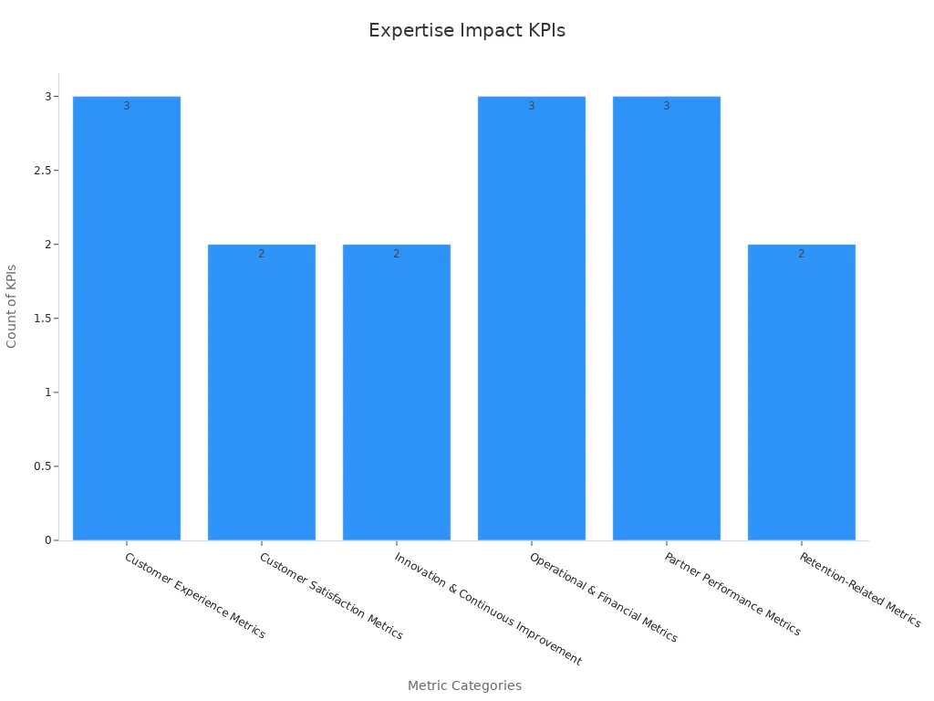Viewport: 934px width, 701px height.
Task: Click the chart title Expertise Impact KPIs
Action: tap(466, 30)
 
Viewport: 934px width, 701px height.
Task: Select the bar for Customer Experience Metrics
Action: tap(127, 319)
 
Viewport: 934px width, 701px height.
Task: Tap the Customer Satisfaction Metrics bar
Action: tap(262, 392)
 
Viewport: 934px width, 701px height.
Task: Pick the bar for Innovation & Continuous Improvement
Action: tap(397, 392)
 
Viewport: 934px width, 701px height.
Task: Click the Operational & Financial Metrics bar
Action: tap(532, 319)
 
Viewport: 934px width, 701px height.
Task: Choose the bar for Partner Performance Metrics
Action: tap(667, 319)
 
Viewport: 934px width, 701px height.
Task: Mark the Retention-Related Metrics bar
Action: tap(802, 392)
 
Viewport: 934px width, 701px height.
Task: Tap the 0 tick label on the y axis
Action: tap(47, 540)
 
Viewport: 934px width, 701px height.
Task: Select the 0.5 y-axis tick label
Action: tap(42, 466)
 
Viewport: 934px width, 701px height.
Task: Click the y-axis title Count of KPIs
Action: tap(12, 306)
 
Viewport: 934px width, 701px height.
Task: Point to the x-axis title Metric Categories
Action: tap(464, 685)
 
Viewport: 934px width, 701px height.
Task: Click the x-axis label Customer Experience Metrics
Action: tap(194, 595)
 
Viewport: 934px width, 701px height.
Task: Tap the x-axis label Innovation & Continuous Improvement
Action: tap(487, 608)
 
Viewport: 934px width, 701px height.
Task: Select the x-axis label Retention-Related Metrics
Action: tap(859, 590)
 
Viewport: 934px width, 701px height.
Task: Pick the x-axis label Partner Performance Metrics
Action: tap(732, 593)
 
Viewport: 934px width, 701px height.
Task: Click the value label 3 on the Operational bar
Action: tap(532, 106)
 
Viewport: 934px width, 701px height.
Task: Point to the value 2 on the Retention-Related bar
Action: tap(802, 254)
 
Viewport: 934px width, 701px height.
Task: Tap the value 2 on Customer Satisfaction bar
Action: tap(262, 254)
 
